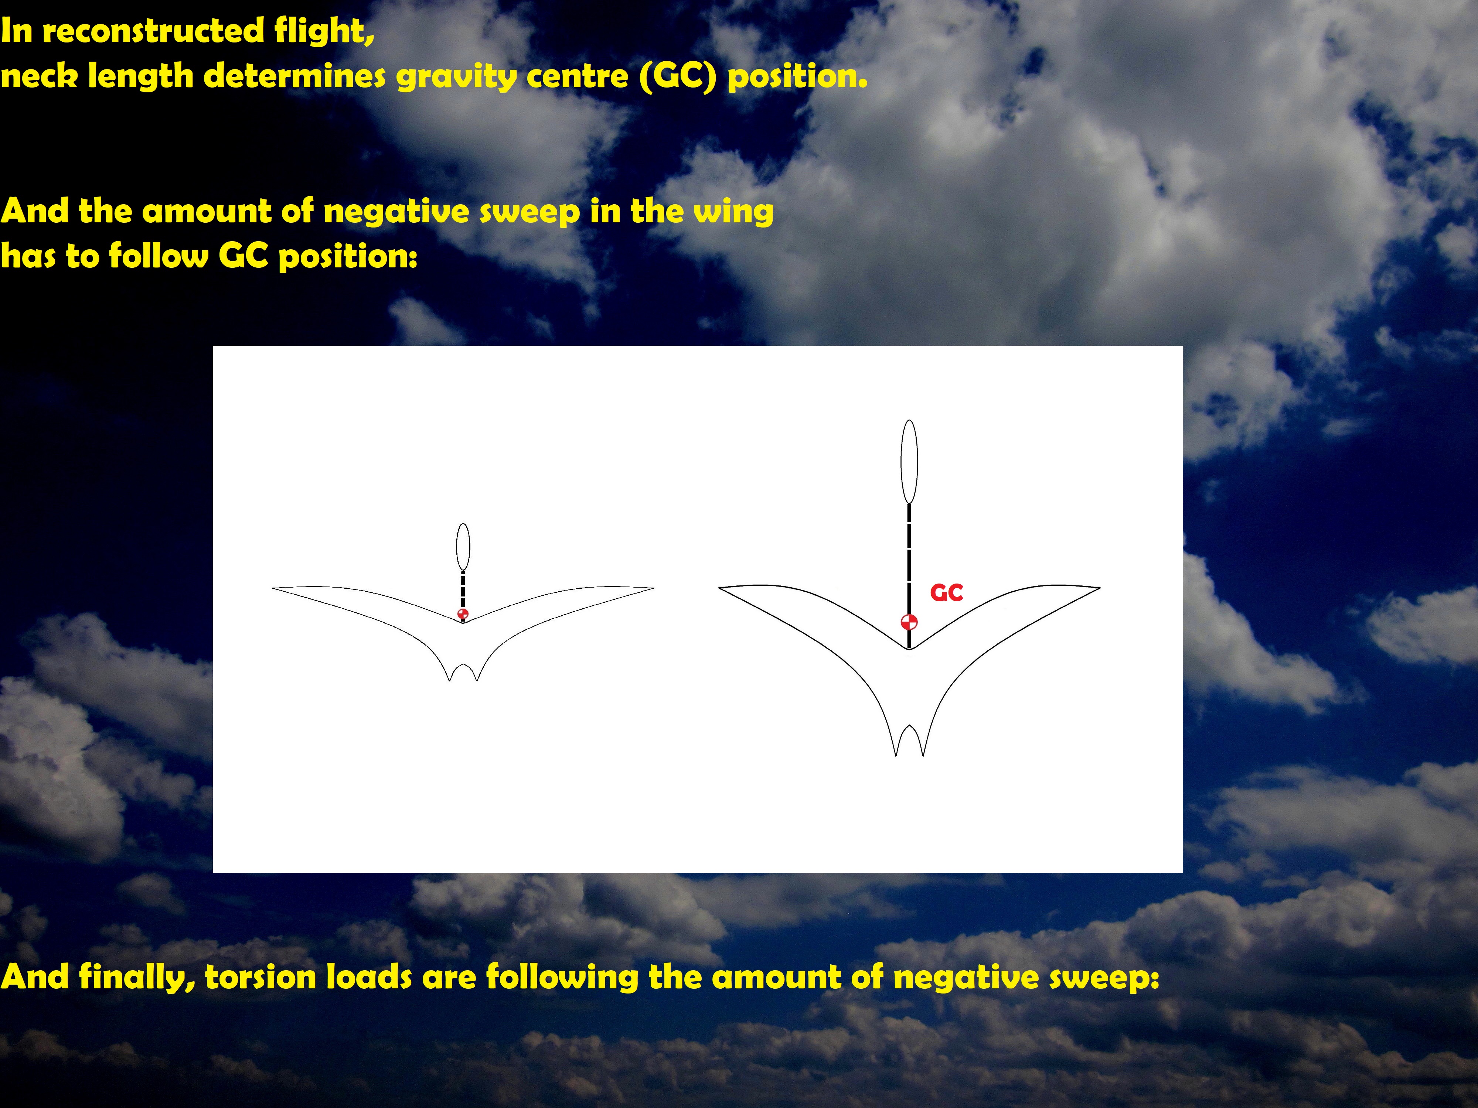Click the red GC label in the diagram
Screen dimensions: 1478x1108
946,592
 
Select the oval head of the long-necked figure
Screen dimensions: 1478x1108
909,462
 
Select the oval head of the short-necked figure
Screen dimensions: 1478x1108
463,547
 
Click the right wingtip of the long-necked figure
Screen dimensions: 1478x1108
1100,588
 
